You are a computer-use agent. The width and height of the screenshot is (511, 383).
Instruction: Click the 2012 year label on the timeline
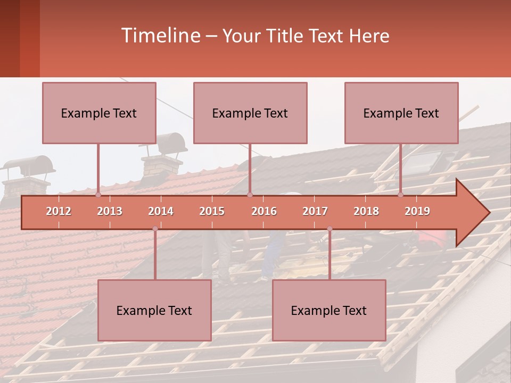[x=59, y=211]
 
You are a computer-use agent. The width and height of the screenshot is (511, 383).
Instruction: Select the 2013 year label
[x=110, y=211]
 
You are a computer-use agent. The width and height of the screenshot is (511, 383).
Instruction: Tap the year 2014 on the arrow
[x=161, y=211]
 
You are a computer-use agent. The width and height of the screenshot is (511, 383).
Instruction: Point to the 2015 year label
[x=212, y=211]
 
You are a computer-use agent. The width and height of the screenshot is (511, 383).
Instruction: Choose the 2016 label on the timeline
[x=264, y=211]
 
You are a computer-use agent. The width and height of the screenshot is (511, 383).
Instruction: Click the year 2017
[x=315, y=211]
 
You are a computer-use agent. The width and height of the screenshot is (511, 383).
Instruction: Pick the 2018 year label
[x=366, y=211]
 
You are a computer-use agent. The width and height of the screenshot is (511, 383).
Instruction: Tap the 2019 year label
[x=417, y=211]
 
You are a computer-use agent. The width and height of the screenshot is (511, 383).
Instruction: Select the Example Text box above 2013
[x=99, y=113]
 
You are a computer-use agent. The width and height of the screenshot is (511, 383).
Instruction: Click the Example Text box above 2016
[x=250, y=113]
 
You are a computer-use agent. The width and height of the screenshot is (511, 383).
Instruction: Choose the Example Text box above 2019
[x=401, y=113]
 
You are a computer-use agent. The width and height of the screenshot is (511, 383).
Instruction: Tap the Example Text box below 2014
[x=154, y=310]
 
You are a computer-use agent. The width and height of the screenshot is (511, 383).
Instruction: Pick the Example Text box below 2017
[x=329, y=310]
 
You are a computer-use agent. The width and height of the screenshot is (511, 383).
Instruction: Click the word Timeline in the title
[x=160, y=36]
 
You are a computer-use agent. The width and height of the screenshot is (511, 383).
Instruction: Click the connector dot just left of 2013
[x=98, y=195]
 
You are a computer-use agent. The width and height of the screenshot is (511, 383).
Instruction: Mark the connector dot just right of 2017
[x=329, y=229]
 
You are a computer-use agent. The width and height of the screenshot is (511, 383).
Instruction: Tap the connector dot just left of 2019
[x=401, y=195]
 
